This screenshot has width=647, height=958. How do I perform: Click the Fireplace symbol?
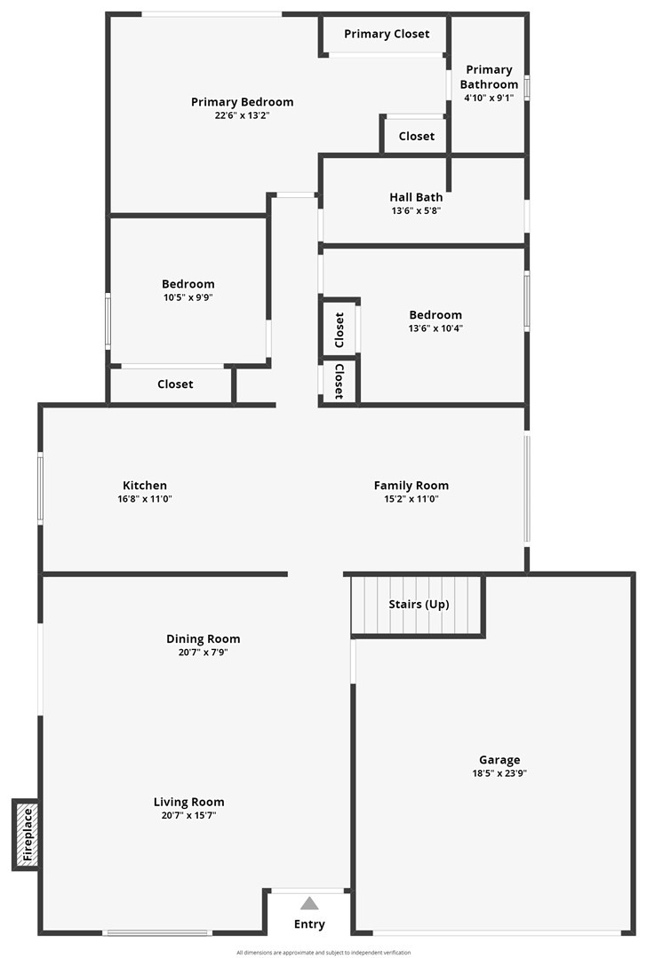tap(26, 835)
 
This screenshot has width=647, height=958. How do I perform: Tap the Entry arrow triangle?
tap(309, 903)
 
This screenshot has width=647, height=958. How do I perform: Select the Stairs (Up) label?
tap(419, 605)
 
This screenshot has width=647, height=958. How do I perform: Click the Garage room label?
tap(499, 760)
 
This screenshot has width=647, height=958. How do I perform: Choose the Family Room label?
tap(411, 486)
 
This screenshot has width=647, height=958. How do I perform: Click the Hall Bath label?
tap(416, 197)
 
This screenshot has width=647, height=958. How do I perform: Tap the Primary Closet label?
tap(387, 34)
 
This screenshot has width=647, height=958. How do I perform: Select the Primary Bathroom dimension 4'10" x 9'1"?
tap(489, 98)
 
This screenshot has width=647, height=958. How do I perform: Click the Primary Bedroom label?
tap(242, 102)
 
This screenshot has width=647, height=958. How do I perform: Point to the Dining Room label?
tap(203, 639)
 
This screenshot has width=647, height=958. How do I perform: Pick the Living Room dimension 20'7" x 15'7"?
tap(188, 815)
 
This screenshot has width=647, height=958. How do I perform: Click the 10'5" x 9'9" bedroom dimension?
tap(188, 297)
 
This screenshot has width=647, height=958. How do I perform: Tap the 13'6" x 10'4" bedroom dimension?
tap(435, 328)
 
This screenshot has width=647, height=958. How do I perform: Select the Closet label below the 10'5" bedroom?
tap(175, 384)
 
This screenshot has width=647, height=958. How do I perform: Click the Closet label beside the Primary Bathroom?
tap(416, 136)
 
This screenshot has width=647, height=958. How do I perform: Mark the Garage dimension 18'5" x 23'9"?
tap(499, 773)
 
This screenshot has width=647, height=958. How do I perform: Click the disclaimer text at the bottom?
tap(323, 953)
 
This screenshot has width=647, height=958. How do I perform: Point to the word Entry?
tap(309, 924)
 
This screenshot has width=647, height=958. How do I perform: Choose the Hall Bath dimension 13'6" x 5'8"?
tap(416, 210)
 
